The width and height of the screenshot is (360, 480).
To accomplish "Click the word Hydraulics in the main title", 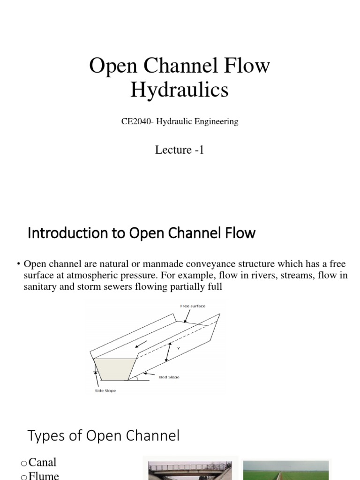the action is [x=180, y=90].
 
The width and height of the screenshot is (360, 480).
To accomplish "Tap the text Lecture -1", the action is [x=180, y=150].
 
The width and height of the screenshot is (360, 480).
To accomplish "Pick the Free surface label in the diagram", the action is [x=193, y=306].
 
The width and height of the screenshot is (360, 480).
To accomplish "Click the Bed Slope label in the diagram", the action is [x=169, y=377].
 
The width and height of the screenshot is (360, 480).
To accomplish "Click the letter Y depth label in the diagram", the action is [x=178, y=348].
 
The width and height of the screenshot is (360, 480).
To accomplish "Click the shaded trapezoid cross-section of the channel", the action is [x=115, y=369].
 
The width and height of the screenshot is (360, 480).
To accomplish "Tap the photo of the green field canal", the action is [x=286, y=470].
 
